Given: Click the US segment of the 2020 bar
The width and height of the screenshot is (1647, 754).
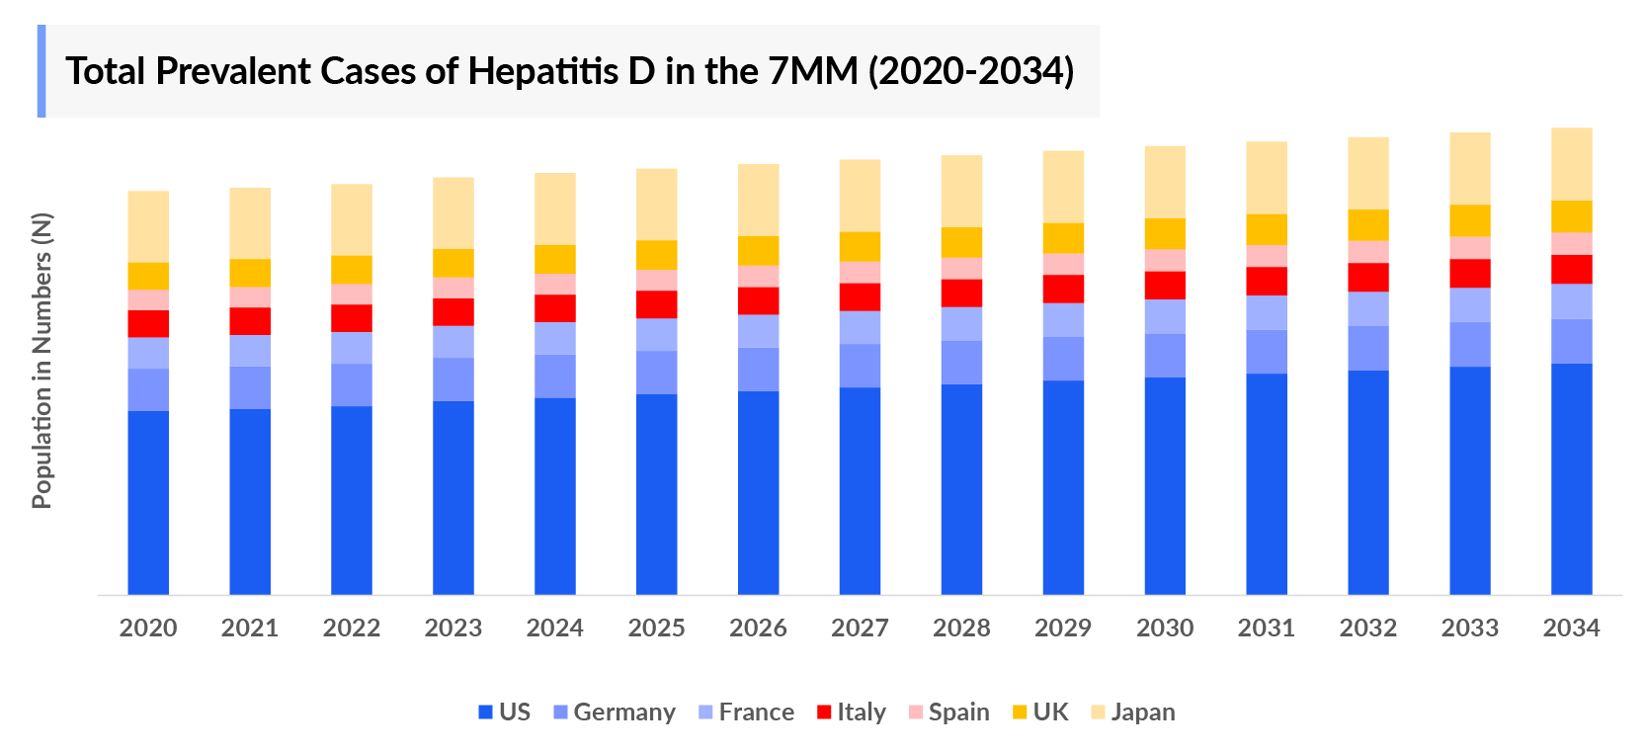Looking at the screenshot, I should pos(148,502).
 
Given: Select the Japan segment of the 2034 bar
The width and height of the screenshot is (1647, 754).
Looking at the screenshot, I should pos(1571,164).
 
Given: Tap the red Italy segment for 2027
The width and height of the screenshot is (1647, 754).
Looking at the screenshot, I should pos(860,297).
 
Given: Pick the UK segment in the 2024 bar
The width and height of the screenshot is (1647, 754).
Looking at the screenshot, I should pos(555,259).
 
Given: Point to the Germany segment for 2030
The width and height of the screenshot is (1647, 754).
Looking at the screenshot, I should pos(1165,356).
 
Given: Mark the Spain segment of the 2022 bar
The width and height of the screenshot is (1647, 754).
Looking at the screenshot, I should pos(352,294).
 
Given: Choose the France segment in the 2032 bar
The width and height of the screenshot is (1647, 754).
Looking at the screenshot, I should pos(1367,308).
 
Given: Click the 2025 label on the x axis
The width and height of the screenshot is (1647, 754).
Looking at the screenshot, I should pos(656,628).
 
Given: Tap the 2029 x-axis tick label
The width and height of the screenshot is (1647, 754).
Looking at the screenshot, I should pos(1063,628).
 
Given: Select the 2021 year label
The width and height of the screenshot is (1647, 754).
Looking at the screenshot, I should pos(250,628).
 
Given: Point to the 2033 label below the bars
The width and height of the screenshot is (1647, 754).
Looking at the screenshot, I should pos(1469,628).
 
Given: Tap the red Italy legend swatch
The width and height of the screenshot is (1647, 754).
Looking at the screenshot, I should pos(824,712).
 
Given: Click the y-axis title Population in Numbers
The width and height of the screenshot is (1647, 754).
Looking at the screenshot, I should pos(41,361).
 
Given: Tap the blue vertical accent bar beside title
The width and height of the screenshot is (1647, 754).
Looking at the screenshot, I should pos(41,71).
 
